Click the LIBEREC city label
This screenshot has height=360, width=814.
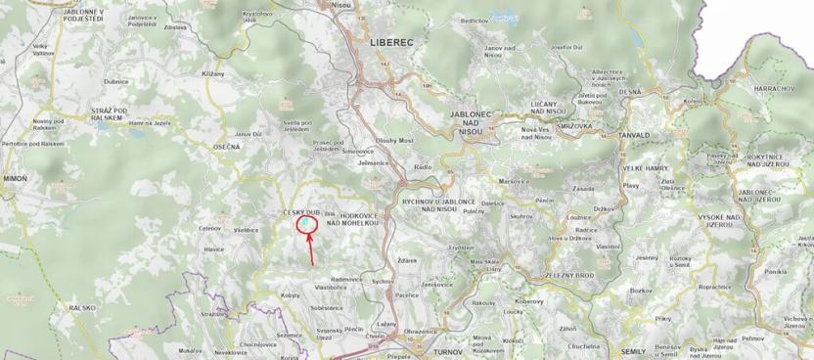[393, 43]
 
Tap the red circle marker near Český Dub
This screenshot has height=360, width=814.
[306, 226]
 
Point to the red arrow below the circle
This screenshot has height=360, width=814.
[311, 249]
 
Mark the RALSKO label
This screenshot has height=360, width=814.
[82, 307]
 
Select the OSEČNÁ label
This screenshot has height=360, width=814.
[225, 148]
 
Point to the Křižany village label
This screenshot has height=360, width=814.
[213, 74]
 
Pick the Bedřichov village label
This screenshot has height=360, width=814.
[474, 20]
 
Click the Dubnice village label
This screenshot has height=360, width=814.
[116, 82]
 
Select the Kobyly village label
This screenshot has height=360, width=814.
[290, 294]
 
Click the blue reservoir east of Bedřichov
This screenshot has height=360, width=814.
[505, 17]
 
